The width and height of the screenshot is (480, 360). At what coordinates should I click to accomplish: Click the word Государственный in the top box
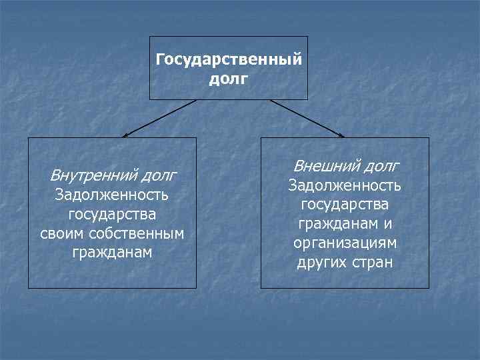pos(229,60)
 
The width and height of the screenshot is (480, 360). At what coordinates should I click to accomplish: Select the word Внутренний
pos(92,176)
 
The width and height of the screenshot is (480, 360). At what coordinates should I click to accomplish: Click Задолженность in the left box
pos(112,195)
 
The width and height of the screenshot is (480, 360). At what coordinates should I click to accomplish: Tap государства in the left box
pos(112,215)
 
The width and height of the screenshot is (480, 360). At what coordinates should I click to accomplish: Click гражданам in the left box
pos(112,253)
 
